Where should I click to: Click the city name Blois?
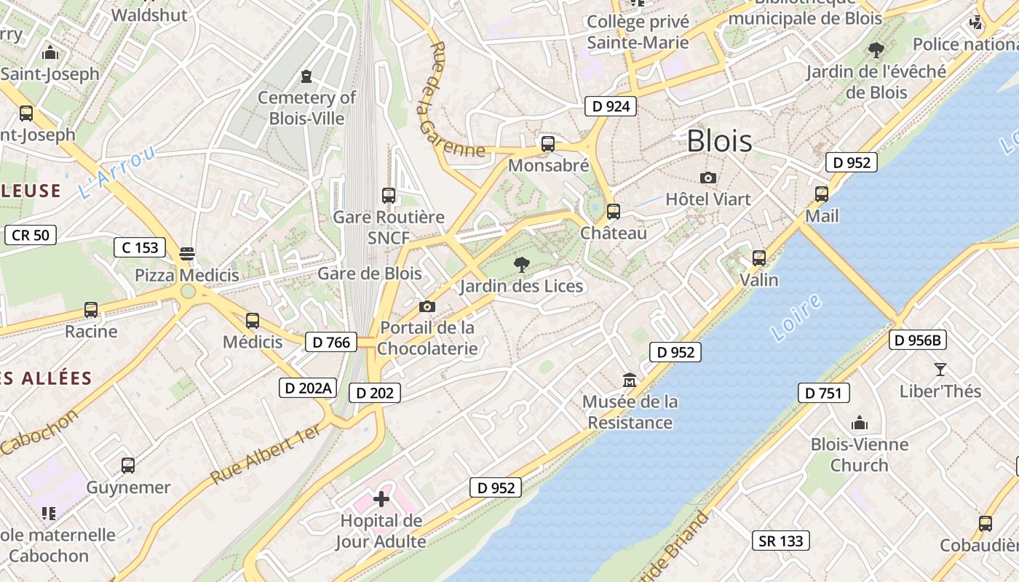click(x=719, y=141)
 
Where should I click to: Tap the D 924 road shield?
click(x=610, y=106)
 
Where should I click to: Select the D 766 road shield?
click(x=331, y=342)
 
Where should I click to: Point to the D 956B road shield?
click(x=917, y=340)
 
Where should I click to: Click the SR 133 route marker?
click(x=780, y=541)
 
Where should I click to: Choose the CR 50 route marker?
click(x=31, y=235)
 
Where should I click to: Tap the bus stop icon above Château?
click(x=614, y=212)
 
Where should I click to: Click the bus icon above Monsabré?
click(x=548, y=144)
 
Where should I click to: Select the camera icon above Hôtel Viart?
click(x=707, y=178)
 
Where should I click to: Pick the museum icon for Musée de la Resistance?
click(x=630, y=380)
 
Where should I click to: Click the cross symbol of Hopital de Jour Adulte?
click(x=381, y=499)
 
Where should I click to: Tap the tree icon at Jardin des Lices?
click(x=521, y=264)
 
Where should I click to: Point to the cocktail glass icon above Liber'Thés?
click(x=940, y=370)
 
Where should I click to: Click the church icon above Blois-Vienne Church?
click(x=860, y=423)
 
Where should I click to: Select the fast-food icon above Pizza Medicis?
click(x=187, y=253)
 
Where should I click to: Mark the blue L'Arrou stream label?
click(x=116, y=172)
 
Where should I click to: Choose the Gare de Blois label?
click(x=369, y=274)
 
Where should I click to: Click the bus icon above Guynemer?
click(x=128, y=466)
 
